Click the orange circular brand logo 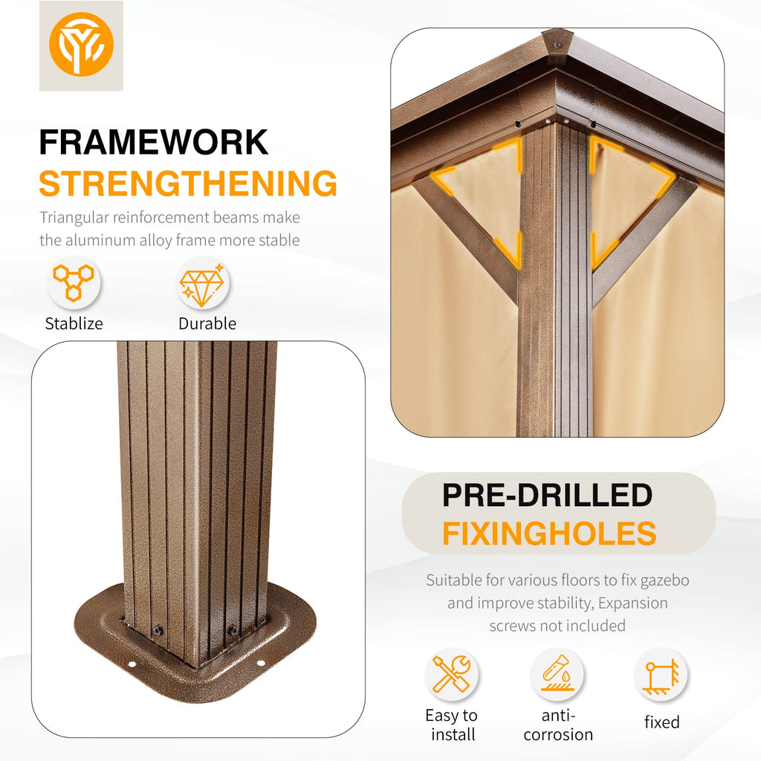(81, 44)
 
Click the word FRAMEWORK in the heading (153, 142)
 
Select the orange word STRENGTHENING (188, 184)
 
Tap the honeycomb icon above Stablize (74, 282)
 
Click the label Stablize (74, 323)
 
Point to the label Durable (207, 323)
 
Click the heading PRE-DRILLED (548, 495)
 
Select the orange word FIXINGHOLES (549, 534)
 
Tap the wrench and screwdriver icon (451, 674)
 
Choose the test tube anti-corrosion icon (557, 673)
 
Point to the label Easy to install (452, 725)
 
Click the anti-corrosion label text (558, 725)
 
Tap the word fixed (661, 722)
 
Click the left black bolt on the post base (158, 631)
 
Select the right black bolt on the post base (233, 630)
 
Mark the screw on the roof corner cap (557, 45)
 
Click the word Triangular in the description (74, 218)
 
